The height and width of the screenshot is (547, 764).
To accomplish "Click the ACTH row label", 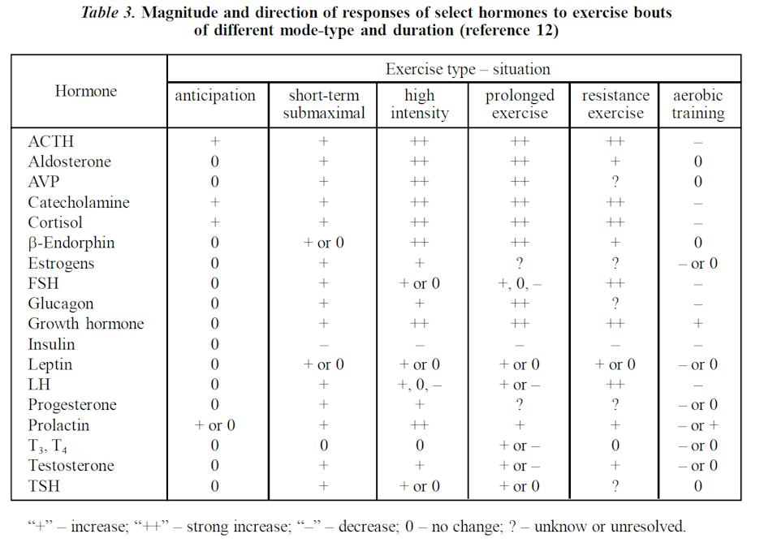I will [x=50, y=141].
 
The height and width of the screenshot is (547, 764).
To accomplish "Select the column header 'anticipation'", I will [x=215, y=96].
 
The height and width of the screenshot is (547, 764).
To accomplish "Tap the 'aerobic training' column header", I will [x=697, y=104].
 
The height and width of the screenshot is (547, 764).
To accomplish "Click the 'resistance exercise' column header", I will [x=615, y=104].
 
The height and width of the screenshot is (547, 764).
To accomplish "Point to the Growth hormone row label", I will [x=85, y=324].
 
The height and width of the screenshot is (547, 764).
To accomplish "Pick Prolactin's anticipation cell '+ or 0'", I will [x=215, y=425].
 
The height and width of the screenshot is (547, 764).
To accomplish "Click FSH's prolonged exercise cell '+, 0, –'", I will [x=520, y=283].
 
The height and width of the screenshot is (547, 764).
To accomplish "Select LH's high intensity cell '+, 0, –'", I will [x=419, y=385].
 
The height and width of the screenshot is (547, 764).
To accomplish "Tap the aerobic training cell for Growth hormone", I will [x=697, y=324].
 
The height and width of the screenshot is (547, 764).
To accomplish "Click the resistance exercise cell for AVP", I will [x=615, y=182].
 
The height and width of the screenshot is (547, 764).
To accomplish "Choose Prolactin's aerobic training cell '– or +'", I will [x=697, y=425].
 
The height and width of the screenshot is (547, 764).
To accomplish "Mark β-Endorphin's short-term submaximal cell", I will [x=323, y=243].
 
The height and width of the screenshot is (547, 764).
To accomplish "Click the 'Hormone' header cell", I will [x=86, y=91].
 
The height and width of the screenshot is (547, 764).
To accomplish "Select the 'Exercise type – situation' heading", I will [x=467, y=70].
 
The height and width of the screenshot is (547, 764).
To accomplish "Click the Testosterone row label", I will [x=71, y=466].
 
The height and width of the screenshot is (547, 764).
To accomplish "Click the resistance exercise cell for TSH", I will [x=615, y=486].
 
